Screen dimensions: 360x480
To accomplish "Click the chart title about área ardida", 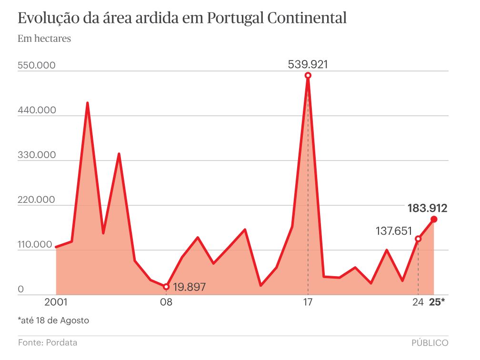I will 182,18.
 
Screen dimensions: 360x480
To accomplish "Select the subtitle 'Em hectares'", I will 44,39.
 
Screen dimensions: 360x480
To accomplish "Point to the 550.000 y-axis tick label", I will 37,65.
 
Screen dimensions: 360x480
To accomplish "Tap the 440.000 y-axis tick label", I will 37,110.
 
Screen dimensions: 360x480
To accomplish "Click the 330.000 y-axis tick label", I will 37,155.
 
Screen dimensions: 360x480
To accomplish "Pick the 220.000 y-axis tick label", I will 37,200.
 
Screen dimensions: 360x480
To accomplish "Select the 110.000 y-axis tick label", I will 37,244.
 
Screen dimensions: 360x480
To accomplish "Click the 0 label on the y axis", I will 21,289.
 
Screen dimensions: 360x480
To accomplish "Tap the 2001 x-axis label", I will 56,302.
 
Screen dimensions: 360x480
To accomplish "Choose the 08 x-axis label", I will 166,302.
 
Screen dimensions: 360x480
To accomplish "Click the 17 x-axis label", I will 308,302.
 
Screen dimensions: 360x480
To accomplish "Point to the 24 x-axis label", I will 418,302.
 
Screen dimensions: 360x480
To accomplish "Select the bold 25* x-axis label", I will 437,302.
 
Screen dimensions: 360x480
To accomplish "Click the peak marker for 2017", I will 308,75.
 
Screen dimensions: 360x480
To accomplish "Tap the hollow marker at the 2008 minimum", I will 166,287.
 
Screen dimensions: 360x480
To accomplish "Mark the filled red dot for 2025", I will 434,219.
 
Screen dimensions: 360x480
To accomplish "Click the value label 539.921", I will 308,64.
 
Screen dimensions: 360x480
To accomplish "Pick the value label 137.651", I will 394,231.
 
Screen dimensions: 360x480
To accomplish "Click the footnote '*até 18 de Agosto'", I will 53,320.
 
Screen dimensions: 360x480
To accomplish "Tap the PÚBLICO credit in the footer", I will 430,342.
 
